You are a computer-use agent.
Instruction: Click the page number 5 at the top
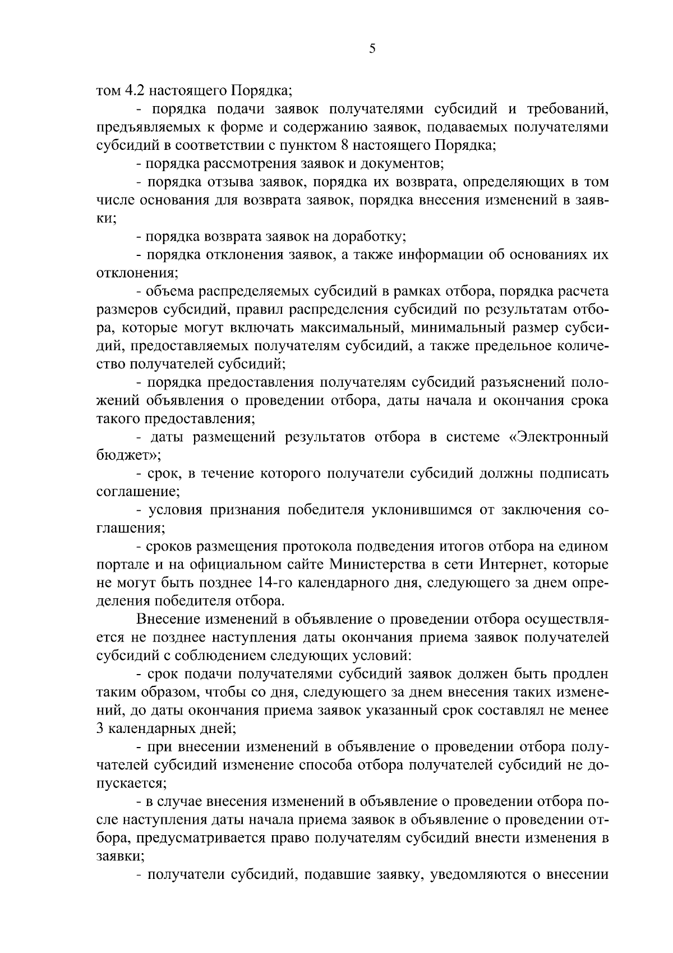[372, 49]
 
